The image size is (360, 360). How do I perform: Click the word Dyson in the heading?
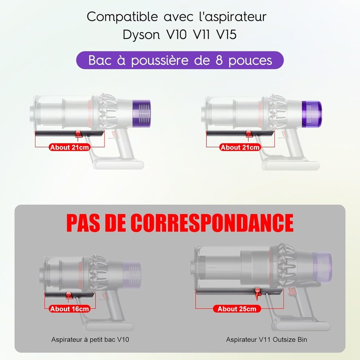[141, 35]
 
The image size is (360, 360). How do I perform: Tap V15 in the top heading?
[226, 34]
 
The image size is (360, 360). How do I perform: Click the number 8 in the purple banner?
[219, 60]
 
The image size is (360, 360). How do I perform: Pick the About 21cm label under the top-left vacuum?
[69, 147]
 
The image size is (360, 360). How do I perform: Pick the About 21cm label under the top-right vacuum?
[240, 147]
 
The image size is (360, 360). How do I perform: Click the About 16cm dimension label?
[69, 309]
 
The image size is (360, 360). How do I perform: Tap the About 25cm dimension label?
[236, 309]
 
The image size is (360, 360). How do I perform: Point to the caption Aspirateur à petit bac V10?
[90, 339]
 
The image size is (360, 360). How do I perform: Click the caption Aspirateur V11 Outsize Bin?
[266, 339]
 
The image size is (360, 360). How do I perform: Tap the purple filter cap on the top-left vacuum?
[141, 113]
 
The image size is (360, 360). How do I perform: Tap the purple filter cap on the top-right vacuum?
[312, 114]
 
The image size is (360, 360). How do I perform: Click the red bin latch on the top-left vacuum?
[78, 133]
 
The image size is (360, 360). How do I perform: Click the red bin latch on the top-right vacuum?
[249, 133]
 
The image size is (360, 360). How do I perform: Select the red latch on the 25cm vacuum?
[257, 293]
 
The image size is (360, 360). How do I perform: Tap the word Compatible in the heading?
[122, 17]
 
